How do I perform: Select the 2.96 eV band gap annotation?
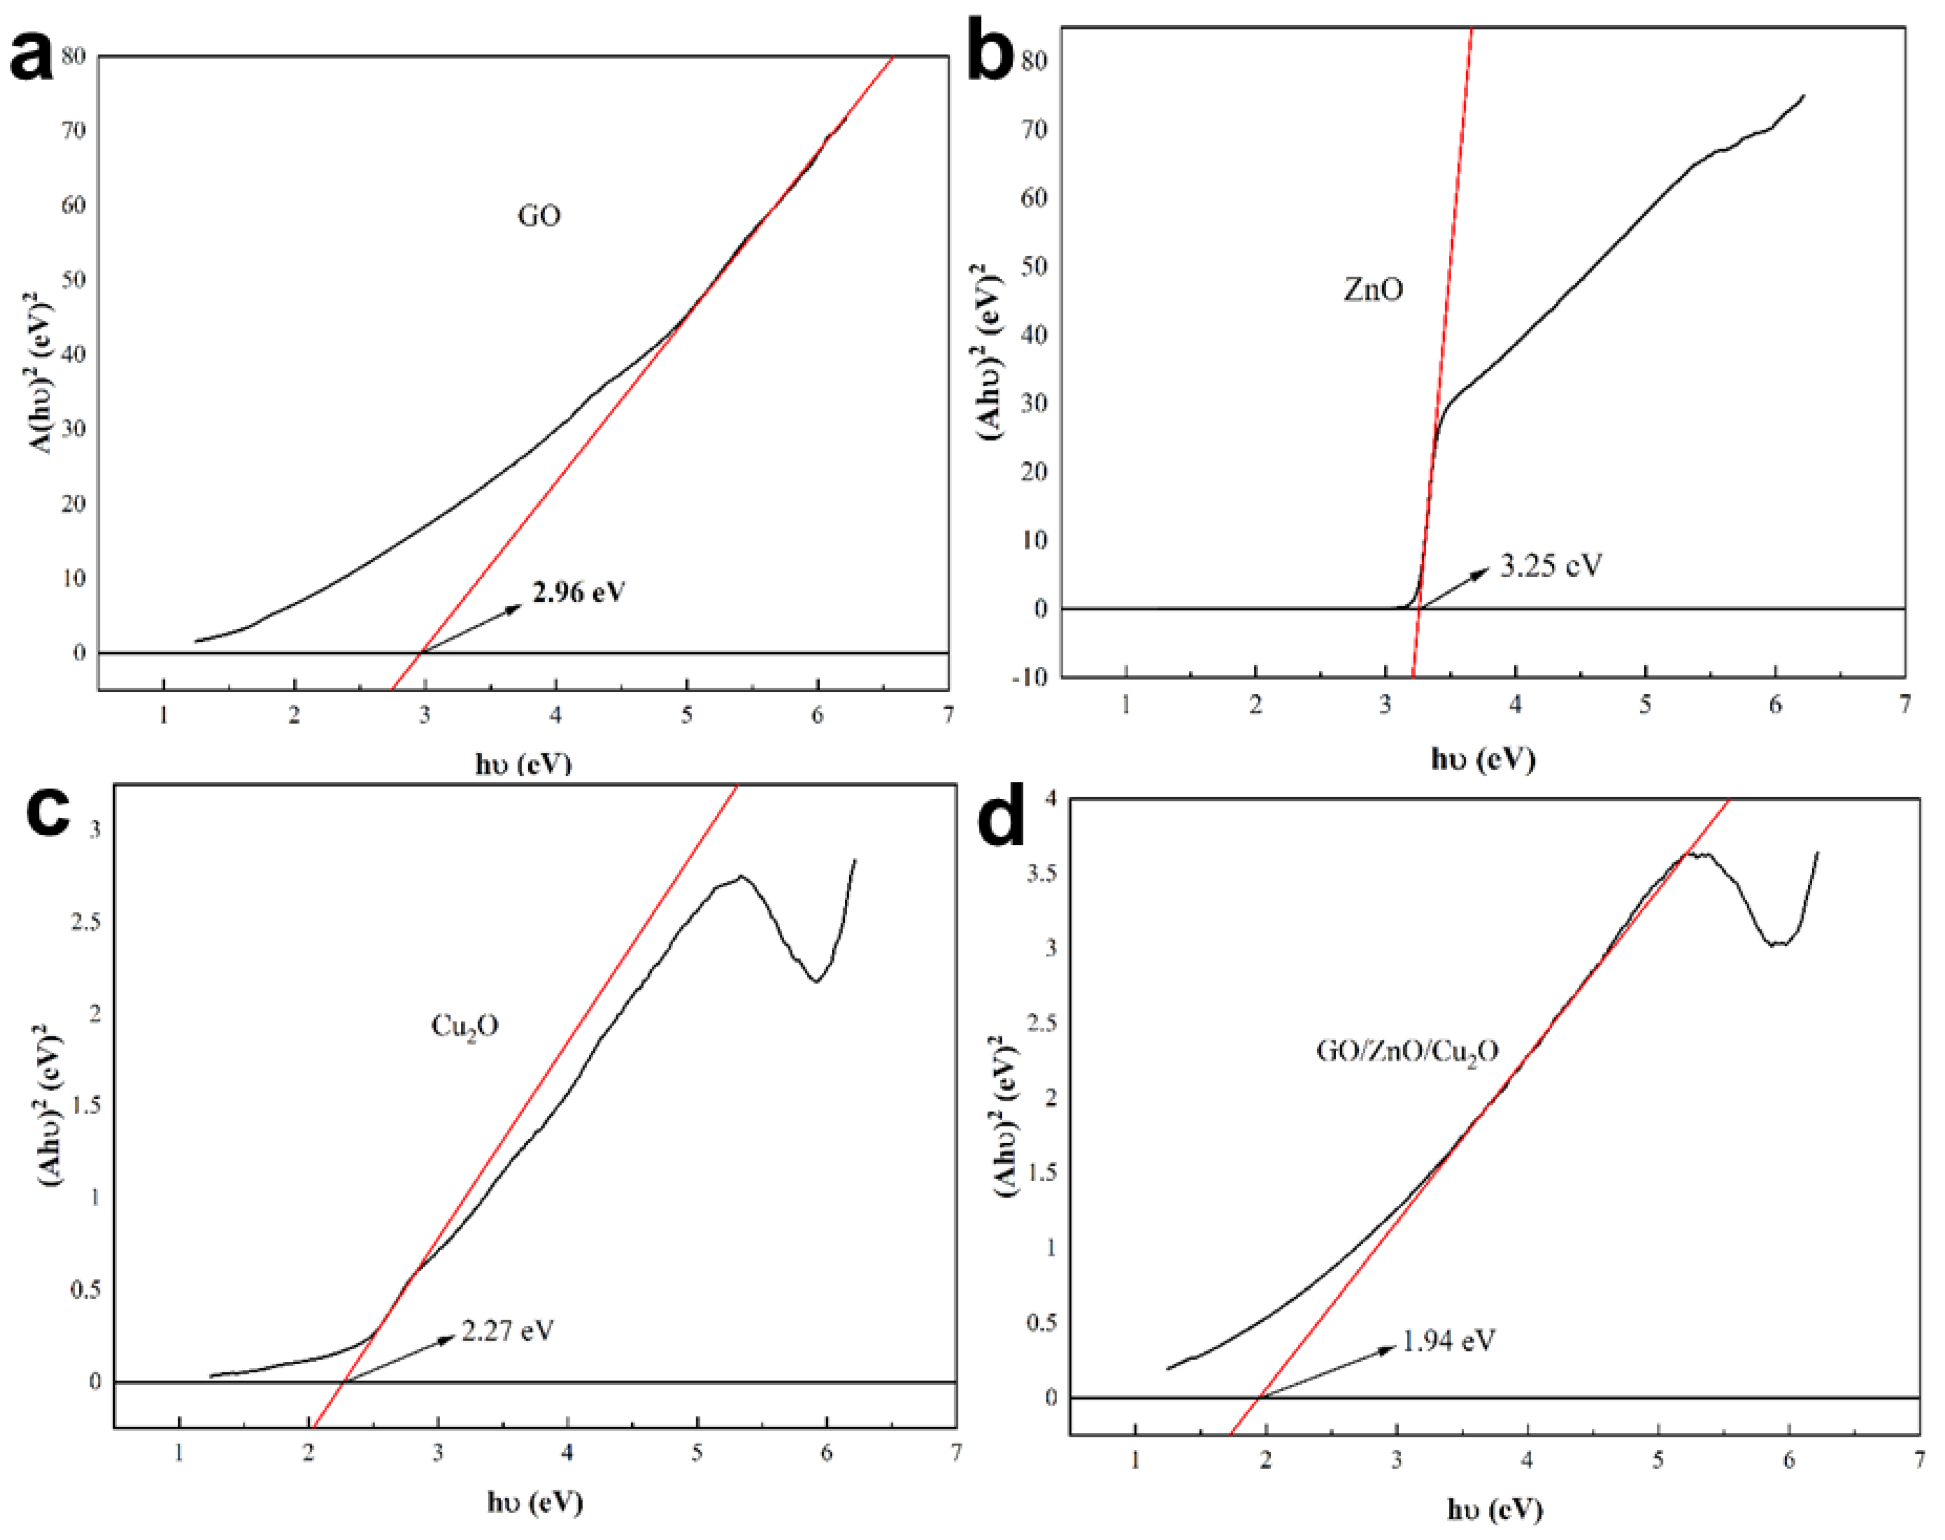578,593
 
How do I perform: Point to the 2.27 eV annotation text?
507,1330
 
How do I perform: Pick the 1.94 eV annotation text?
1448,1341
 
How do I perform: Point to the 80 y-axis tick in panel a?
74,56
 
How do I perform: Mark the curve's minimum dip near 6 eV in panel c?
816,981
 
